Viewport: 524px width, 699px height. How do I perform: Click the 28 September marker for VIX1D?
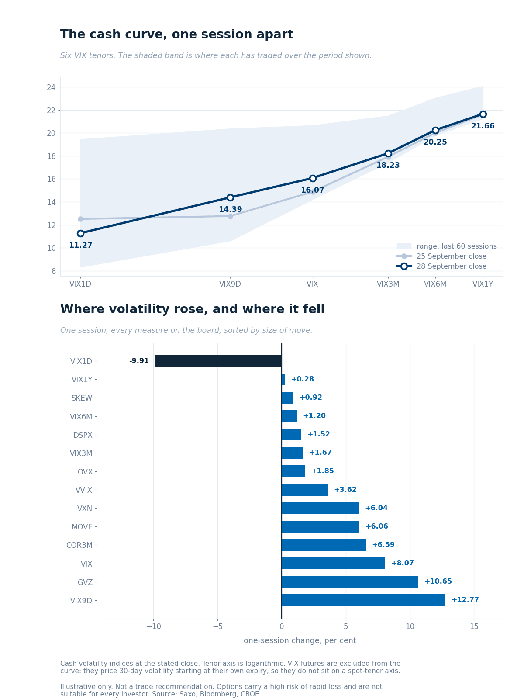pyautogui.click(x=80, y=233)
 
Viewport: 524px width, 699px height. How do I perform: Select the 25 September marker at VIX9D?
pyautogui.click(x=230, y=216)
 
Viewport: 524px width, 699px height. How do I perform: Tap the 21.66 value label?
pyautogui.click(x=483, y=126)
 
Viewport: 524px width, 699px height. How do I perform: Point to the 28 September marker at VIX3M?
pyautogui.click(x=388, y=153)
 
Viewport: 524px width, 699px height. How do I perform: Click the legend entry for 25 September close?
pyautogui.click(x=441, y=256)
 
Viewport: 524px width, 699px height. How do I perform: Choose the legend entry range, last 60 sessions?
pyautogui.click(x=447, y=246)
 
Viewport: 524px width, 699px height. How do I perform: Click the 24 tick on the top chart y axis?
pyautogui.click(x=51, y=87)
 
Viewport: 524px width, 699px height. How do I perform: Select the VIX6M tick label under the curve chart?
pyautogui.click(x=435, y=284)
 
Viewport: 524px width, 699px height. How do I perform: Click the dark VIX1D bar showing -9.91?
pyautogui.click(x=218, y=361)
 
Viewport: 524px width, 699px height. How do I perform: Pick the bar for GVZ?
pyautogui.click(x=350, y=581)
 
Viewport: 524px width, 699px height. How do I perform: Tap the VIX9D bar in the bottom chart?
pyautogui.click(x=363, y=600)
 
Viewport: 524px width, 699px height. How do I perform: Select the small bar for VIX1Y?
pyautogui.click(x=283, y=379)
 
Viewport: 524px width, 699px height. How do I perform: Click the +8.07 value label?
pyautogui.click(x=403, y=563)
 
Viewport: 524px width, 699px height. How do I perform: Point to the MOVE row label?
pyautogui.click(x=82, y=527)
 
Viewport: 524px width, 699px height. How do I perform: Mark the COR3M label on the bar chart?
pyautogui.click(x=79, y=545)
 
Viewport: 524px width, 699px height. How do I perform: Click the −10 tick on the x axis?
pyautogui.click(x=154, y=626)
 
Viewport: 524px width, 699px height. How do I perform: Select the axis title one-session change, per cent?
pyautogui.click(x=300, y=640)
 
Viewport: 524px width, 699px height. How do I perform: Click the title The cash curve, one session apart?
pyautogui.click(x=176, y=35)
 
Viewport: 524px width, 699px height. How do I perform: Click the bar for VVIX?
pyautogui.click(x=304, y=490)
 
